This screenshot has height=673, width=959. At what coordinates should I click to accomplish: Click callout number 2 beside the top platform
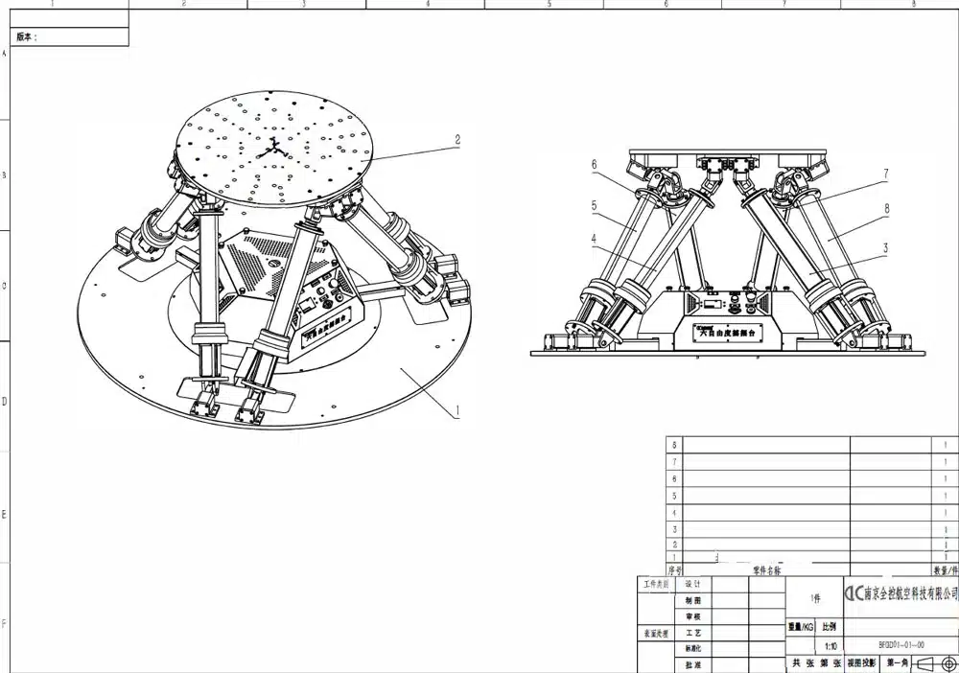(457, 139)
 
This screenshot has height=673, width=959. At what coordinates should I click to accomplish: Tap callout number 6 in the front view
(594, 165)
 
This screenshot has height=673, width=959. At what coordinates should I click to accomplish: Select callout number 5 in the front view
(594, 204)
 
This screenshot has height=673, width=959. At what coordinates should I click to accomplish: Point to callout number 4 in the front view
(594, 239)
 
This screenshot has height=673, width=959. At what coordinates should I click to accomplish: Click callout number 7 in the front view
(885, 174)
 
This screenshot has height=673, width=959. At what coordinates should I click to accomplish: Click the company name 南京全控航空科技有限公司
(901, 594)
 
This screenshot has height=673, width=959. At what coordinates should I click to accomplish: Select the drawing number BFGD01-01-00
(901, 645)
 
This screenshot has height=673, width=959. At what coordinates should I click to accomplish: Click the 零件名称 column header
(767, 569)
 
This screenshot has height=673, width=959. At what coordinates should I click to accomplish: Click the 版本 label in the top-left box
(27, 36)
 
